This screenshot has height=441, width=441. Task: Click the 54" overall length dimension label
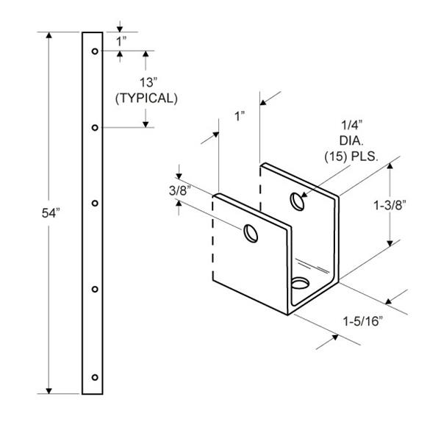51,213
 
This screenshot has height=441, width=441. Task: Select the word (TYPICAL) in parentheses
146,97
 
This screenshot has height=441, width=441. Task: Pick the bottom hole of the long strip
94,378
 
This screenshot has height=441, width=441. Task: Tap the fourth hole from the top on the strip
95,289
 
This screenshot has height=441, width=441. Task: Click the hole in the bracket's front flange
251,233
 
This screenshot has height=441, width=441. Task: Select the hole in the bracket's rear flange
297,200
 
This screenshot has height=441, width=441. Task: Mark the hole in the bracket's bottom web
300,282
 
